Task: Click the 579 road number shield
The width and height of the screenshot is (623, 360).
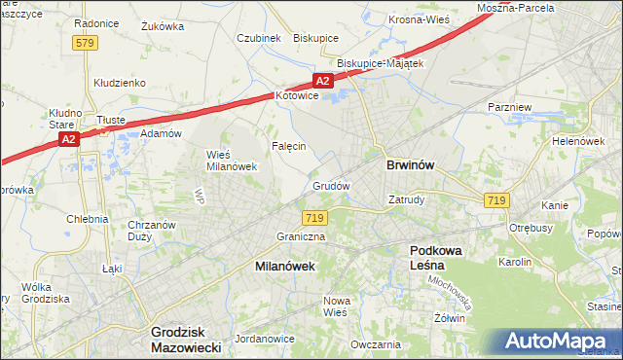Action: pyautogui.click(x=85, y=42)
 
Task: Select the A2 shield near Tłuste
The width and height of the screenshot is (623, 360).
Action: pyautogui.click(x=67, y=139)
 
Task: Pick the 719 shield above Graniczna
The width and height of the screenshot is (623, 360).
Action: pyautogui.click(x=313, y=218)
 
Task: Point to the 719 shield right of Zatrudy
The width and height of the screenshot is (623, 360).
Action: pyautogui.click(x=496, y=199)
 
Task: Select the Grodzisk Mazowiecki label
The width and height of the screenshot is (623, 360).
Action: pyautogui.click(x=187, y=339)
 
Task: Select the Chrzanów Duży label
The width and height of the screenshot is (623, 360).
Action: pyautogui.click(x=151, y=231)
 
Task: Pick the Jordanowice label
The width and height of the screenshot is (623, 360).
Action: pyautogui.click(x=265, y=339)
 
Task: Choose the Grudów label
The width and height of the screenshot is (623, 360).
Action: pyautogui.click(x=330, y=185)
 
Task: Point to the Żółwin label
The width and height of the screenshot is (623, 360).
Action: pyautogui.click(x=450, y=318)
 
